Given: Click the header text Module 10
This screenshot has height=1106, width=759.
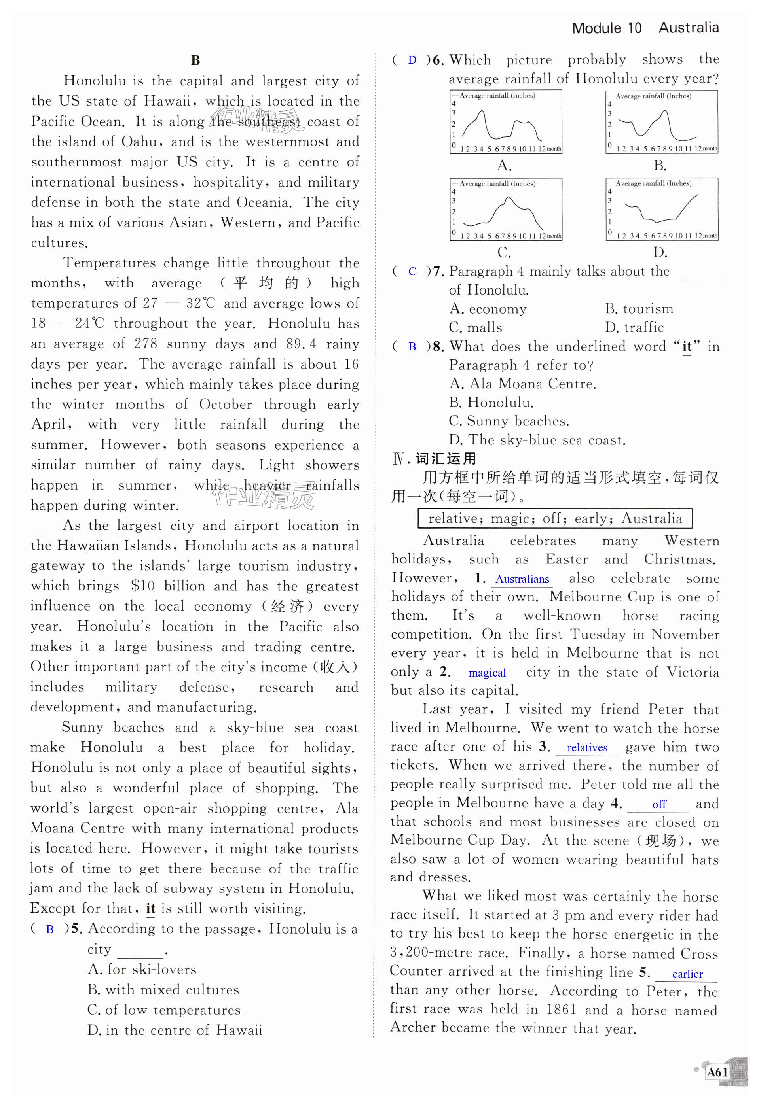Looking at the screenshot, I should coord(607,28).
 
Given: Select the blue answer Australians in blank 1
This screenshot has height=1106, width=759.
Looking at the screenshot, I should coord(522,579).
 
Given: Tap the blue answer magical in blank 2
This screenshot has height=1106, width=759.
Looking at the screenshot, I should coord(487,673).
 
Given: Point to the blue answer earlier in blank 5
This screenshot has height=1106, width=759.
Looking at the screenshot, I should coord(687,974).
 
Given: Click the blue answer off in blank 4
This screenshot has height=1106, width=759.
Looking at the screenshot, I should coord(659,804).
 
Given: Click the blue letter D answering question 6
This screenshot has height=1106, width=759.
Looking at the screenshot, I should coord(412,60).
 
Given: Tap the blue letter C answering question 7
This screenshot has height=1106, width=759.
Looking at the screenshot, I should coord(412,272).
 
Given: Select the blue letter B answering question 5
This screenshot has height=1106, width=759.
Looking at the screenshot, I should coord(49,929).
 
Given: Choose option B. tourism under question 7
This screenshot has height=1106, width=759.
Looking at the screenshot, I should coord(639,309).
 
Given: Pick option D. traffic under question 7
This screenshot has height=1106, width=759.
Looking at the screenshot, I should coord(634,328).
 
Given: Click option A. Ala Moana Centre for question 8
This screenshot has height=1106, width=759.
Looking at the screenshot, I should coord(522,384).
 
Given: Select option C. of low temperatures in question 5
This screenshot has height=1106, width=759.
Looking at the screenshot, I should coord(164,1010).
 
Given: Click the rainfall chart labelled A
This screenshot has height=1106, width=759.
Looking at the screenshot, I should coord(506,122).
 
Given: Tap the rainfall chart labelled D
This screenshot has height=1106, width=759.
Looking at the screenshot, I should coord(661,210).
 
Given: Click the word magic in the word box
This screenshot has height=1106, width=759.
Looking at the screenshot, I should coord(512,519).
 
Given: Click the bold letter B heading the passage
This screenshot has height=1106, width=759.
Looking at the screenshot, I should coord(195,60).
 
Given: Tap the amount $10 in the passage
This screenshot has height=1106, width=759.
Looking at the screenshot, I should coord(143,586).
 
